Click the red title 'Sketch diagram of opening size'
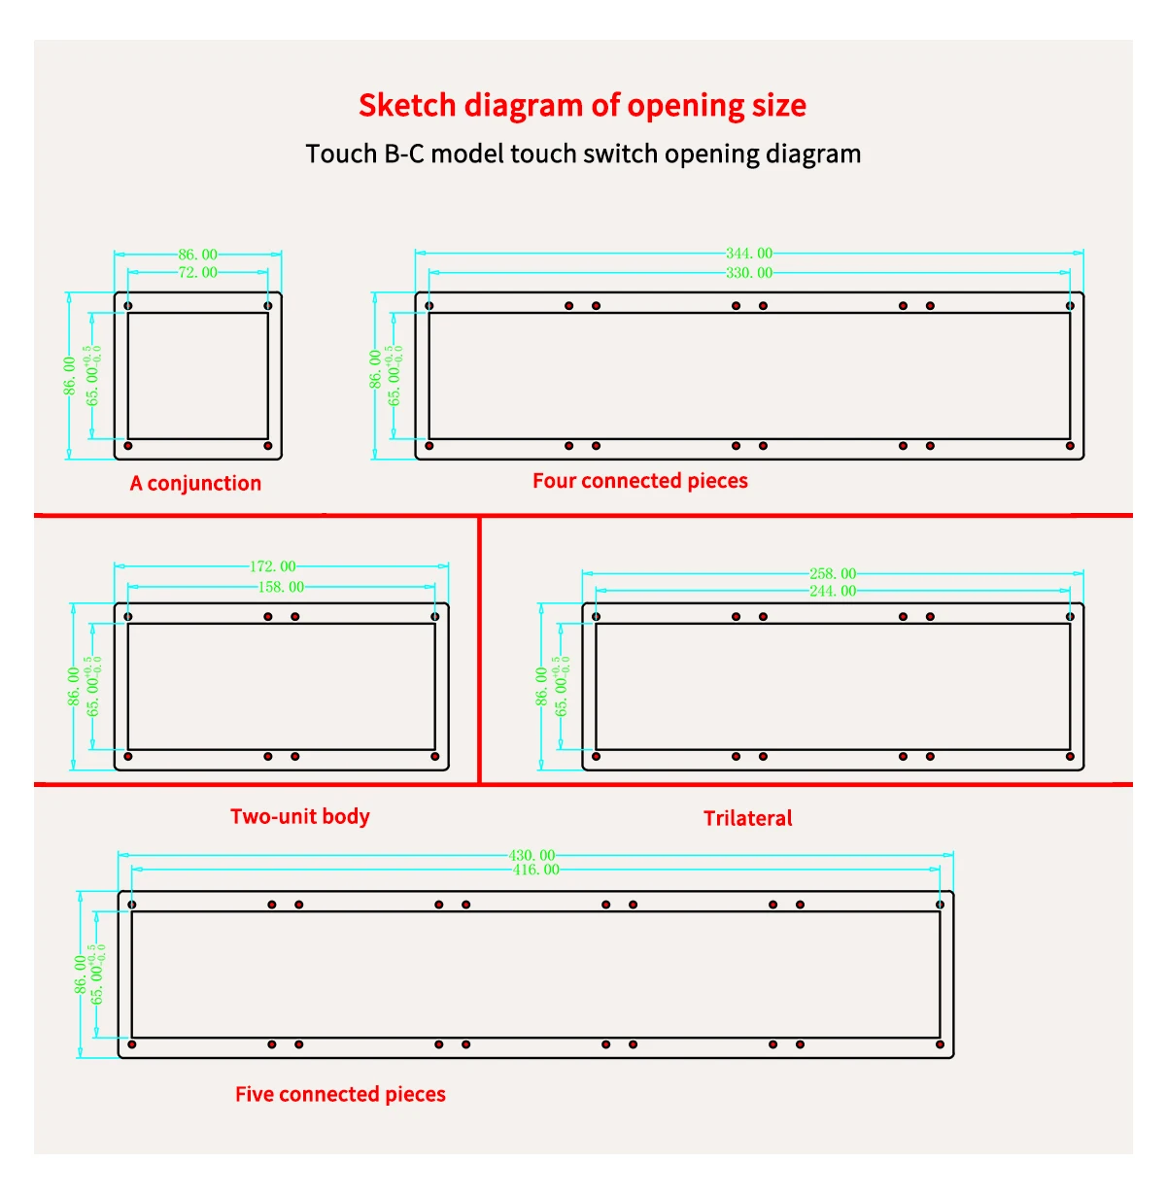[582, 105]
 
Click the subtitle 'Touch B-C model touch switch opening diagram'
[583, 154]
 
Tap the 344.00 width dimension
[749, 254]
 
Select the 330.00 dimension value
[749, 273]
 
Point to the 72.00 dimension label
[197, 273]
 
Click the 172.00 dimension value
[273, 566]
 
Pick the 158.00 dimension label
[281, 587]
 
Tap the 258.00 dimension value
[833, 574]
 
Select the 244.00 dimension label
[833, 591]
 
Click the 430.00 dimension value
[532, 856]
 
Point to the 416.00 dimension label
[535, 870]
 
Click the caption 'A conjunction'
[195, 483]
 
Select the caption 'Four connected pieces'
[640, 481]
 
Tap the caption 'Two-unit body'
[300, 816]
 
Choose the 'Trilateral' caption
[747, 818]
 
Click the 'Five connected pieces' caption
[340, 1094]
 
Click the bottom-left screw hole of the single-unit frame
[128, 446]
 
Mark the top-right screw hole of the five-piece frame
[940, 905]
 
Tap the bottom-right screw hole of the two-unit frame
[434, 756]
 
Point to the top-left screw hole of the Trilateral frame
[597, 617]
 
